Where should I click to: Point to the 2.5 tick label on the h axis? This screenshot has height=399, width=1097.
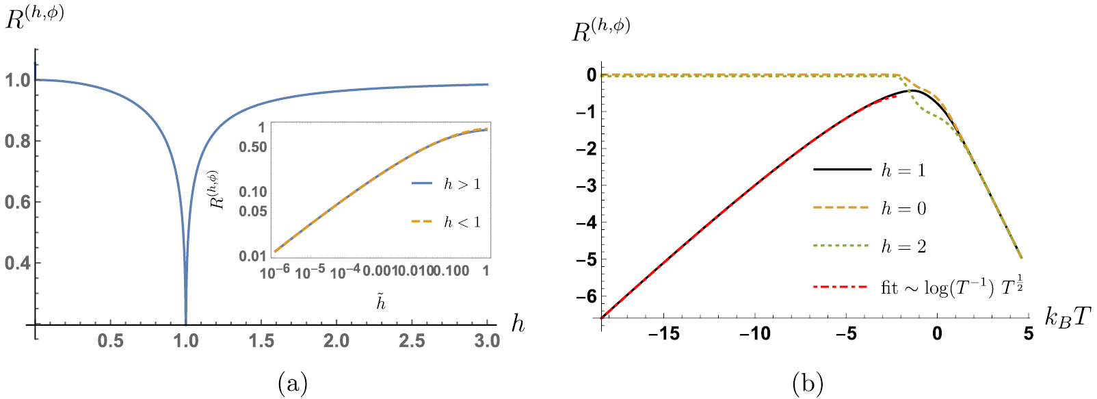click(x=412, y=340)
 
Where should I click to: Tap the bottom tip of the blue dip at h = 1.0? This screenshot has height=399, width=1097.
click(x=185, y=323)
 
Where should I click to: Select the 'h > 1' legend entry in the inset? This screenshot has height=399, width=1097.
click(x=462, y=184)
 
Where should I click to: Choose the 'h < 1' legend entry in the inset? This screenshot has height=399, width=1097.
click(x=462, y=222)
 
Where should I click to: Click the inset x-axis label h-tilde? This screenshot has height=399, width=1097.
click(x=381, y=301)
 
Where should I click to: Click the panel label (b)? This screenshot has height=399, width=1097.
click(x=808, y=382)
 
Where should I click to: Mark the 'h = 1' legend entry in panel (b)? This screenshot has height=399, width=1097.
click(x=903, y=170)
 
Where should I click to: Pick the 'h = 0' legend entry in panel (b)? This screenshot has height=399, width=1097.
click(x=903, y=208)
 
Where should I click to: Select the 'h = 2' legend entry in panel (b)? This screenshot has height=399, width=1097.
click(x=903, y=246)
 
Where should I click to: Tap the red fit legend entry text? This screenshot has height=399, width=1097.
click(x=951, y=287)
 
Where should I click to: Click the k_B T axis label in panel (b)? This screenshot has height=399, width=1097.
click(x=1068, y=316)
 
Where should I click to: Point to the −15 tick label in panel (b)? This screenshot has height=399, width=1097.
click(x=664, y=333)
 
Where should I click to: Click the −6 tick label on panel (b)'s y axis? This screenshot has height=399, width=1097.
click(x=587, y=296)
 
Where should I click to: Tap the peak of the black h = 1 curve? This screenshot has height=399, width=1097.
click(x=911, y=90)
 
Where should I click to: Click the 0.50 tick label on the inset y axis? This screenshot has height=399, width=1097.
click(x=253, y=147)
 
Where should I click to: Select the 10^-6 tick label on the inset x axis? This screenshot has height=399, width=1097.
click(x=276, y=272)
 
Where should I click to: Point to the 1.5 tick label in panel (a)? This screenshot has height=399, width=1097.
click(x=261, y=340)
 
